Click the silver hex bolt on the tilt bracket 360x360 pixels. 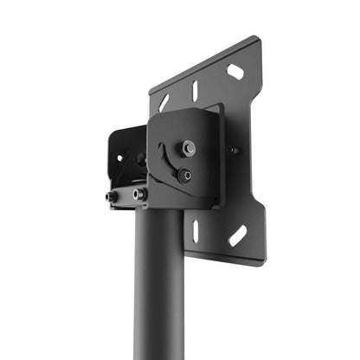click(x=188, y=149)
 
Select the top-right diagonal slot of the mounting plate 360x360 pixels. click(x=235, y=72)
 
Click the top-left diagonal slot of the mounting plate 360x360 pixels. click(x=164, y=103)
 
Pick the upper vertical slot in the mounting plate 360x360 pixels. click(x=195, y=90)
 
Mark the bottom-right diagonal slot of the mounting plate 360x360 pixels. click(x=237, y=235)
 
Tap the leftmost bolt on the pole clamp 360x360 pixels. click(x=112, y=196)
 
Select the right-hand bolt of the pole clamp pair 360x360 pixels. click(x=138, y=194)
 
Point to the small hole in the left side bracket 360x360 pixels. click(x=120, y=158)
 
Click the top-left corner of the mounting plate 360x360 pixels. click(x=151, y=89)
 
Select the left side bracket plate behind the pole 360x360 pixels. click(x=128, y=156)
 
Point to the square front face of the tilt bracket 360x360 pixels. click(x=183, y=160)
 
